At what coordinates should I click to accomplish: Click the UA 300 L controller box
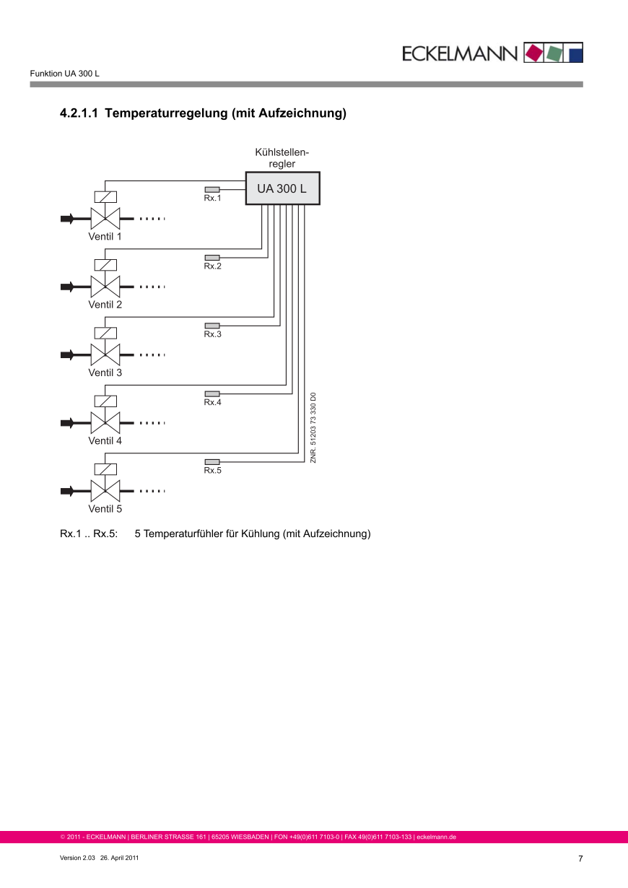pos(282,189)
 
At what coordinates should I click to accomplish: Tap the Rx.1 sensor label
pos(212,198)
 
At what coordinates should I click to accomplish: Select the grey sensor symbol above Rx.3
pos(212,326)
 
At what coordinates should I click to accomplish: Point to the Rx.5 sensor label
pos(212,471)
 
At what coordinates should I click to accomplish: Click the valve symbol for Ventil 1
pos(105,218)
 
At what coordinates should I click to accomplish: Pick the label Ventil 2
pos(105,305)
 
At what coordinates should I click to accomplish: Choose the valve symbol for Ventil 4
pos(105,422)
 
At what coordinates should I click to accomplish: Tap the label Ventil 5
pos(105,509)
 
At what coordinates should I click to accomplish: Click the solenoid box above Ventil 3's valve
pos(105,333)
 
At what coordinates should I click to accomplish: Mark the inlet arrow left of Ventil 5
pos(68,491)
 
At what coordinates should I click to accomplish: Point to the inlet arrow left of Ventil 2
pos(68,287)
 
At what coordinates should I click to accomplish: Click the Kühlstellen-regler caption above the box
pos(282,158)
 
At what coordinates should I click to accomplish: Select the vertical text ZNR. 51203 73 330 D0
pos(313,428)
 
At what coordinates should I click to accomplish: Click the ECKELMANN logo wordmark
pos(460,53)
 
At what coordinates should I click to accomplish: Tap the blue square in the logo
pos(575,53)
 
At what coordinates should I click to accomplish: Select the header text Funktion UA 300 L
pos(64,74)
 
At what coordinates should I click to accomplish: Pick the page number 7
pos(580,858)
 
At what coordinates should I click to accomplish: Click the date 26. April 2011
pos(120,858)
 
